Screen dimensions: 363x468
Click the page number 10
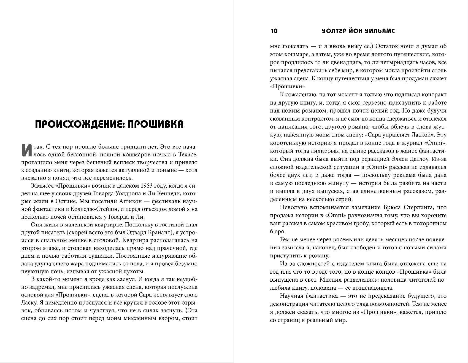coord(274,31)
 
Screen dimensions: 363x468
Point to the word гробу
coord(366,223)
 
